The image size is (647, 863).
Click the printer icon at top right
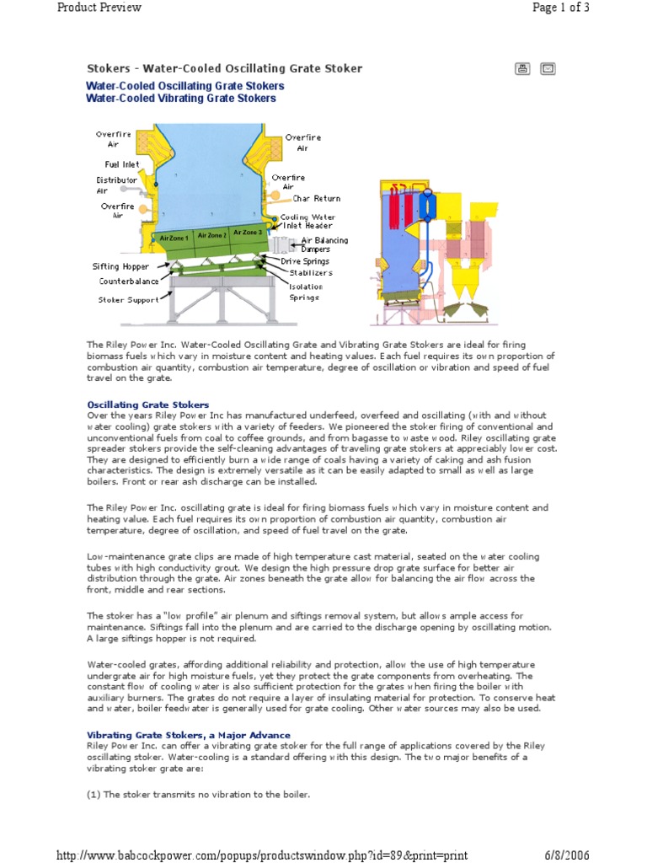click(x=522, y=68)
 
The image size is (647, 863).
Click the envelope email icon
click(x=548, y=68)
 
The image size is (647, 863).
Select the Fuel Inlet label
click(x=122, y=164)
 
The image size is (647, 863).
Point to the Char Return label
click(x=317, y=199)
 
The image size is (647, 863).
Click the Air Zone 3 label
click(x=248, y=232)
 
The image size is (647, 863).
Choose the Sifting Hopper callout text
click(x=120, y=266)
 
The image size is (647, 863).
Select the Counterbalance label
click(x=129, y=281)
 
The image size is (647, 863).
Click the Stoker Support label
click(x=123, y=299)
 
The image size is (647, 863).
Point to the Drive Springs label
click(x=307, y=261)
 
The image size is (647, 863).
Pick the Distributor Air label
click(x=116, y=185)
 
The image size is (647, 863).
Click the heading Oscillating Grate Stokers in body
click(x=148, y=405)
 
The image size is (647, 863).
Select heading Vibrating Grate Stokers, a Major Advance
click(x=189, y=735)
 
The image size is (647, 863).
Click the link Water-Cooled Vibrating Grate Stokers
click(x=181, y=99)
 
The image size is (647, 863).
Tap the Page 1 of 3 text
click(x=561, y=8)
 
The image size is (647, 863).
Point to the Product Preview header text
click(x=99, y=8)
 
